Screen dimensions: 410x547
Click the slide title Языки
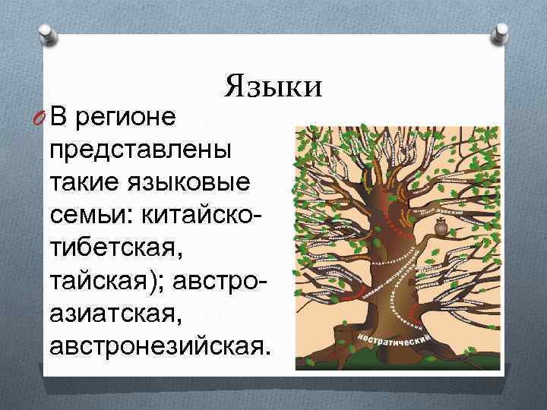click(273, 85)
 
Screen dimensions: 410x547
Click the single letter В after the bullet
click(62, 118)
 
